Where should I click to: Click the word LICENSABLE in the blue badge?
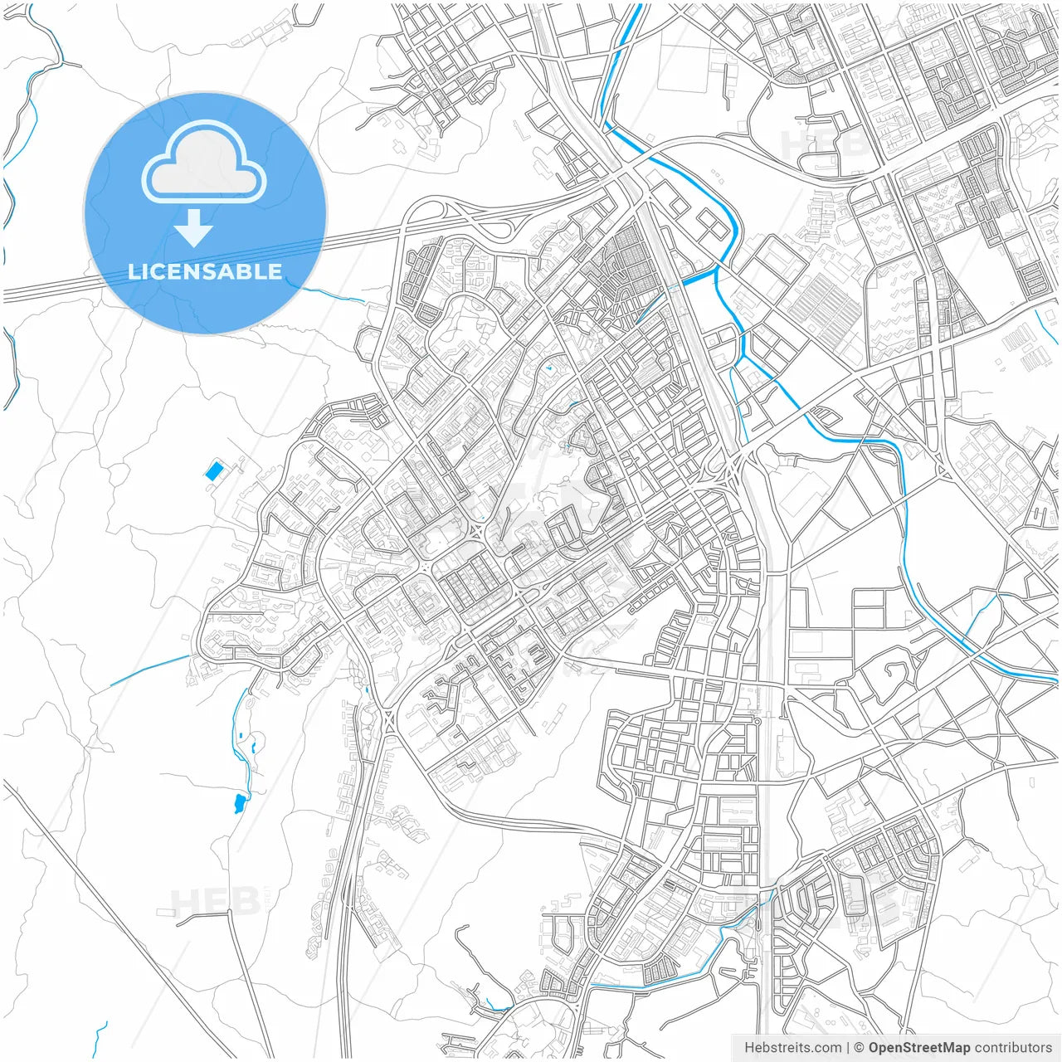coord(205,271)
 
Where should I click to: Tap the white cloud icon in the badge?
coord(204,163)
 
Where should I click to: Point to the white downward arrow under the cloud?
coord(194,228)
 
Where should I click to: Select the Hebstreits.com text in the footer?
coord(792,1048)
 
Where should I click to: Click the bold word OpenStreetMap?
coord(918,1048)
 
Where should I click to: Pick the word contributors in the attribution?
coord(1013,1048)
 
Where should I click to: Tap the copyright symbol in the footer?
coord(860,1048)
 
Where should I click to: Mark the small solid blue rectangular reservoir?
coord(214,471)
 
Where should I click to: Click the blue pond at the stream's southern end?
coord(240,802)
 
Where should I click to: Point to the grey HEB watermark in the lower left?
coord(203,900)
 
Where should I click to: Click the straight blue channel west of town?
coord(149,670)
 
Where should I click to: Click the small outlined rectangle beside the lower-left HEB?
coord(166,911)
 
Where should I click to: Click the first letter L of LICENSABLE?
coord(133,271)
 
